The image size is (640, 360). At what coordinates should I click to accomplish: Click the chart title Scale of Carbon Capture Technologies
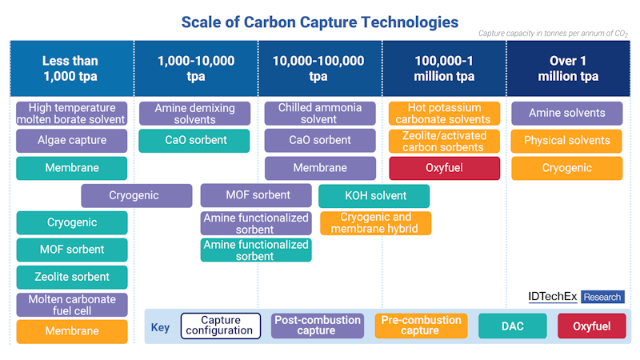point(320,22)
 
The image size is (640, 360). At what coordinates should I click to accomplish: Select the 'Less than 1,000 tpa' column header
point(71,69)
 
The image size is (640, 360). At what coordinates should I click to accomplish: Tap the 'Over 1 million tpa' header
point(568,69)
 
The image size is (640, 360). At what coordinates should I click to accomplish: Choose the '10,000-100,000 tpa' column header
point(318,69)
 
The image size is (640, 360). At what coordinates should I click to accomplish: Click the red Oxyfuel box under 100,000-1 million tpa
point(444,168)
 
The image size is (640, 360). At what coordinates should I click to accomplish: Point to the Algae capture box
point(71,141)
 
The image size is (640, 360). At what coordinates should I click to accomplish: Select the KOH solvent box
point(374,196)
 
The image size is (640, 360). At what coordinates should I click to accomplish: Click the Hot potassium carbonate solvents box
point(444,114)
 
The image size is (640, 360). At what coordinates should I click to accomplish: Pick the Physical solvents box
point(566,141)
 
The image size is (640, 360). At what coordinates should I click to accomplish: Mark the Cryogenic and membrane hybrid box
point(375,223)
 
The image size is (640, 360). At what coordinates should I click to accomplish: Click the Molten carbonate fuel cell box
point(71,305)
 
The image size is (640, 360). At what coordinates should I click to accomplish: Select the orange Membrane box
point(71,331)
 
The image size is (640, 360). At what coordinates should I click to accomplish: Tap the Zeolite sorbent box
point(71,277)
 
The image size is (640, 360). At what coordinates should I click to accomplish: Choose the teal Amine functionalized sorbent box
point(256,250)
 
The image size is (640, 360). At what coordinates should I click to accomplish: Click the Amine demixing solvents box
point(194,114)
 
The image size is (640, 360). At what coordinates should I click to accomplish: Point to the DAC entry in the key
point(513,326)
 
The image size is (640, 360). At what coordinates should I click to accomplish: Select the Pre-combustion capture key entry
point(420,326)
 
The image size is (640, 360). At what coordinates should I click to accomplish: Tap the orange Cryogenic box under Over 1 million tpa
point(566,168)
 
